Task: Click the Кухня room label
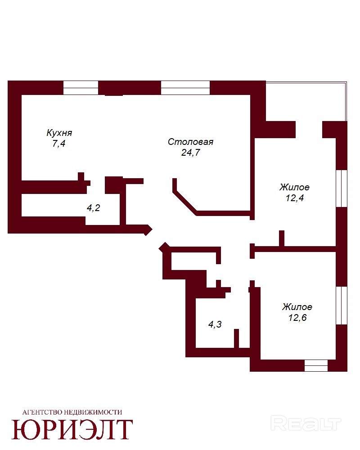coord(59,133)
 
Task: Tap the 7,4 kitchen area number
coord(59,143)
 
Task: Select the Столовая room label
coord(191,142)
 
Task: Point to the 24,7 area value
coord(191,153)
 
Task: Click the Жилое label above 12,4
coord(295,187)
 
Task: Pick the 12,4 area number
coord(295,198)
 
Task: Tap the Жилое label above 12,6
coord(297,307)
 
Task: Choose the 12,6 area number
coord(298,317)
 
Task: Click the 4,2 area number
coord(93,208)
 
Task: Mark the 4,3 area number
coord(215,324)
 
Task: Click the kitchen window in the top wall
coord(81,88)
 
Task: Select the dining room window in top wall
coord(185,88)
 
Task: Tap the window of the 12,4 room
coord(342,189)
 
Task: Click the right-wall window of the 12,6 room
coord(342,306)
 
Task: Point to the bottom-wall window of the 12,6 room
coord(316,365)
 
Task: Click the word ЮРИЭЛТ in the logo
coord(72,429)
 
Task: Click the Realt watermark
coord(306,424)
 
